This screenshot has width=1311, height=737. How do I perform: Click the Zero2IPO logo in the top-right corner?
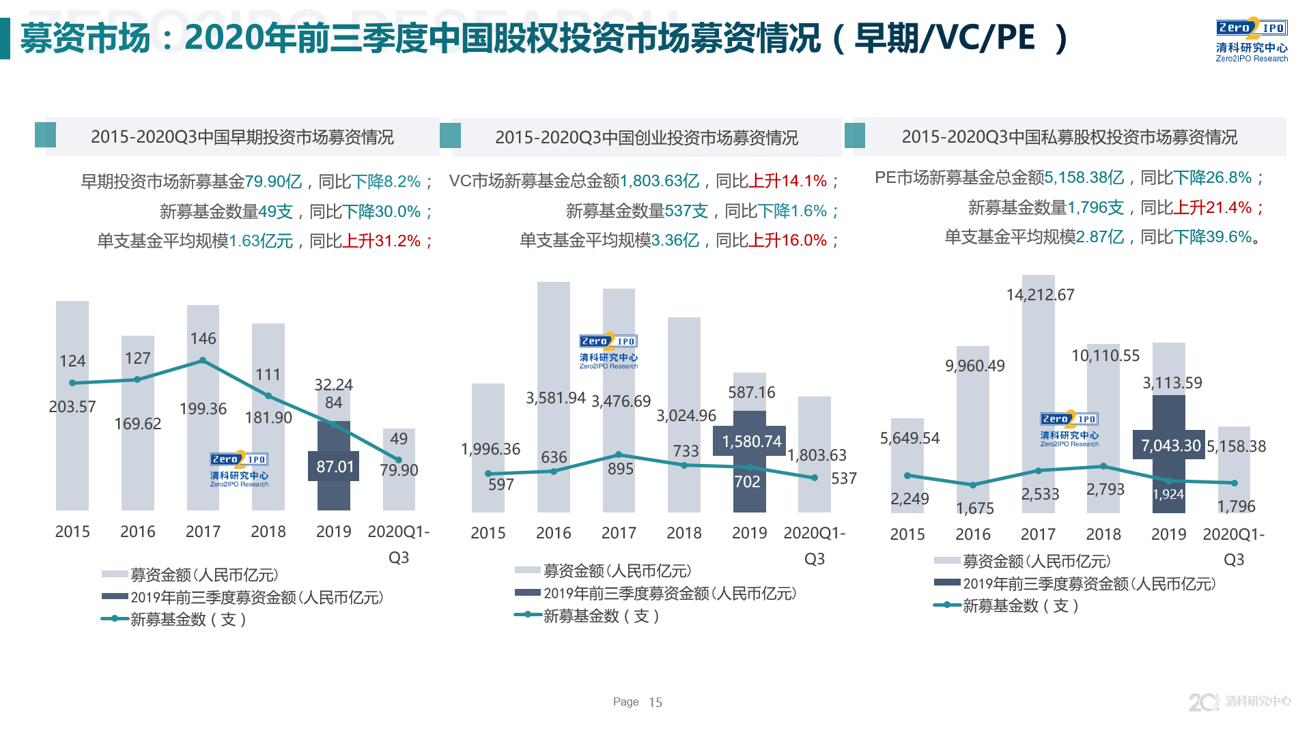1251,40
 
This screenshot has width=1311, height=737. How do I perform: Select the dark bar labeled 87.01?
334,466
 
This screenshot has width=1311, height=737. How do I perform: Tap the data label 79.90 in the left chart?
399,470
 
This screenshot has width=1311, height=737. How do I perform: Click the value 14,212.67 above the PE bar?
1040,295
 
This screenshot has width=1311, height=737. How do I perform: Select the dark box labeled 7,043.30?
1170,446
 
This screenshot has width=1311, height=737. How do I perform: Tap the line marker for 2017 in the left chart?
203,360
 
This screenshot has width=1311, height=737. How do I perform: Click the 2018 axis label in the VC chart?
684,533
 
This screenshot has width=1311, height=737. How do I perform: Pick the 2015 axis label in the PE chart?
907,534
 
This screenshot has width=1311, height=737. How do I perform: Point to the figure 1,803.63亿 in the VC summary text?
660,181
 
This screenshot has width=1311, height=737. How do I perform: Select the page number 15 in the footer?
655,702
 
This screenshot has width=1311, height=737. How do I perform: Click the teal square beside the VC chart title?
450,135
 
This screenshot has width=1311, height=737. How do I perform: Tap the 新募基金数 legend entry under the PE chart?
1007,605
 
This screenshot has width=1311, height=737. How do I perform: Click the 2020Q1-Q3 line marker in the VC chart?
815,478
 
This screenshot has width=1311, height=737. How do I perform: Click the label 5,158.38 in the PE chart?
1236,446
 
